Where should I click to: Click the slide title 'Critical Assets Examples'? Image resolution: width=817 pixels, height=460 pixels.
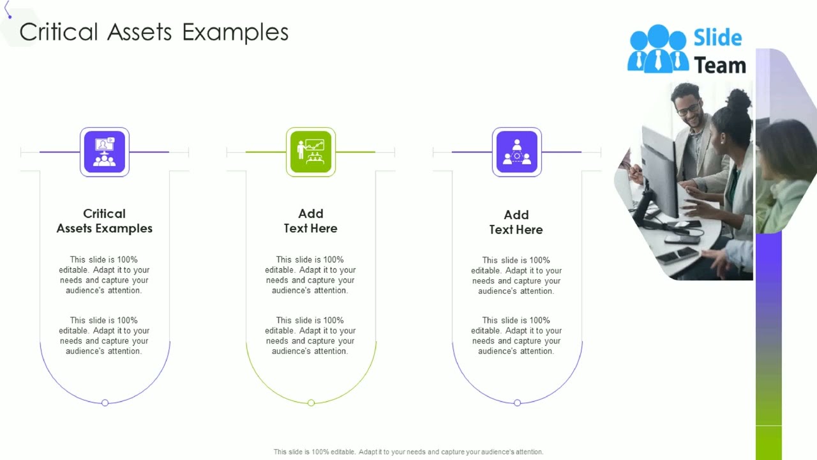point(154,33)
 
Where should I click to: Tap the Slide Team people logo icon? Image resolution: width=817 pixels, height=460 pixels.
point(657,49)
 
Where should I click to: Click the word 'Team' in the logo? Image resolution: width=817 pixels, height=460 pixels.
point(719,65)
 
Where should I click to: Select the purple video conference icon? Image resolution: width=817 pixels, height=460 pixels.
point(105,152)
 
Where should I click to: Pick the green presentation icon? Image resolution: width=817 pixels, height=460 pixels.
point(311,152)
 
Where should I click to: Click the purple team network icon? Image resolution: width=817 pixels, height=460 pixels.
point(517,152)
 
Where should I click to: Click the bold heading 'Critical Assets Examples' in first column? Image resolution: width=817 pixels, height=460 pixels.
point(105,221)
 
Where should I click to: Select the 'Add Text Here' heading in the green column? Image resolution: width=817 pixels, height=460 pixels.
point(311,221)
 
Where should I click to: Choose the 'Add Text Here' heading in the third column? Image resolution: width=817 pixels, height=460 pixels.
point(516,222)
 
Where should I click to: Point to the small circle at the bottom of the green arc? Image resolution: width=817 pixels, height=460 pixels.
point(311,402)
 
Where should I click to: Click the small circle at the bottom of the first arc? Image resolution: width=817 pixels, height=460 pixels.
point(105,402)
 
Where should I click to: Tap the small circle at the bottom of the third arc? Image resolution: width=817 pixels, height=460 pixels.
point(517,402)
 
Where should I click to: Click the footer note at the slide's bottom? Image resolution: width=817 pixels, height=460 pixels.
point(408,452)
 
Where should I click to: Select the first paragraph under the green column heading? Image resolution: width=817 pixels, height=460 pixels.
point(311,275)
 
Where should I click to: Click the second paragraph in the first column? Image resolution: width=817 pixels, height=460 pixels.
point(105,335)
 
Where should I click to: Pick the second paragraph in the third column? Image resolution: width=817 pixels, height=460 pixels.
point(516,335)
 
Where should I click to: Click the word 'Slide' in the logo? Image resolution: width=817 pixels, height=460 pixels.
point(718,38)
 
